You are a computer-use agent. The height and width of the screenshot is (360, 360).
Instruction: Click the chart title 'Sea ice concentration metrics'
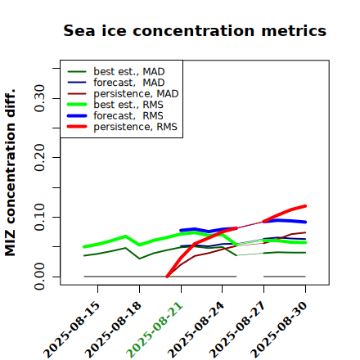click(x=195, y=30)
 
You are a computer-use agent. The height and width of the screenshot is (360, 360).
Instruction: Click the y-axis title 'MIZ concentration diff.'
click(x=10, y=173)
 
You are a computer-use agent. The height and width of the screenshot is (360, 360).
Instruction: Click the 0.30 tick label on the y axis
click(x=39, y=98)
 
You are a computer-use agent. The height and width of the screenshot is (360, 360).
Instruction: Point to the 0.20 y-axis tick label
click(x=39, y=157)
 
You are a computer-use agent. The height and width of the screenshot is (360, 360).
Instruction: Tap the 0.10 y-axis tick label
click(x=39, y=217)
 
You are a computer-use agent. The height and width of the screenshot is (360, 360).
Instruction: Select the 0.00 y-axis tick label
click(x=39, y=277)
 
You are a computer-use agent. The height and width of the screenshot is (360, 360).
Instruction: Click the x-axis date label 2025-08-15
click(x=72, y=330)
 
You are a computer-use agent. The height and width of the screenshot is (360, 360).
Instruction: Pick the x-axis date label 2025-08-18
click(x=114, y=330)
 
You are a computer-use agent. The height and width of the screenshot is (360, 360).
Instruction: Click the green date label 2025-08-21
click(x=155, y=330)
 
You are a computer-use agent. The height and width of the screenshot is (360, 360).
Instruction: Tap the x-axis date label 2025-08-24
click(x=196, y=330)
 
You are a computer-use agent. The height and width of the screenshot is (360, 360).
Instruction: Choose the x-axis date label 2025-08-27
click(x=238, y=330)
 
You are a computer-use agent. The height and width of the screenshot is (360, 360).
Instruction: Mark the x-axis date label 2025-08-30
click(x=279, y=330)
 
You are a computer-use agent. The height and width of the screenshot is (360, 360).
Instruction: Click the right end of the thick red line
click(x=305, y=206)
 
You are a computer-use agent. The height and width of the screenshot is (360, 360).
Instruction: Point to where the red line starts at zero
click(x=167, y=277)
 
